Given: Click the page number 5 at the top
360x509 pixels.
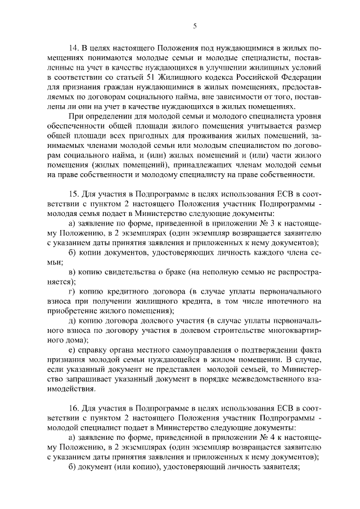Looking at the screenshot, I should click(195, 26).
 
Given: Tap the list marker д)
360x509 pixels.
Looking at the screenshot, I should click(71, 321).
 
